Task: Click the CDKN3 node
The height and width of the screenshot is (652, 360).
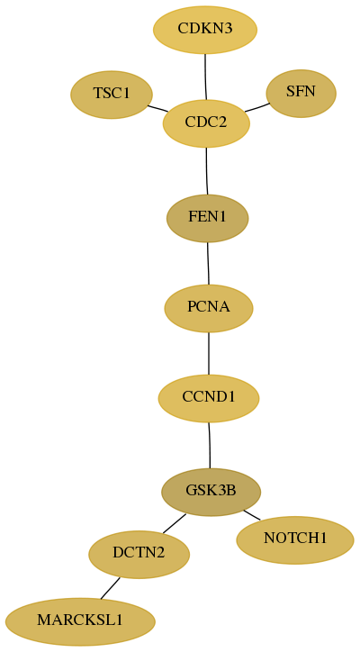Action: (205, 30)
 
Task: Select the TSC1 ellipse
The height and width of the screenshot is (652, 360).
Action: (112, 95)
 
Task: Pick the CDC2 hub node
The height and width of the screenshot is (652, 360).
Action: (207, 123)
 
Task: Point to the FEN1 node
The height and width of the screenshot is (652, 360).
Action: (207, 218)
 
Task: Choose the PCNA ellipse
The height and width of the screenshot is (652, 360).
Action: (209, 308)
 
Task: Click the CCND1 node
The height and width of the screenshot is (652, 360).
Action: (209, 398)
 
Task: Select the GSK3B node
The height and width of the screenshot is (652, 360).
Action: (211, 492)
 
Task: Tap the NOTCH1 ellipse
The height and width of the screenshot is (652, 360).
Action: (295, 539)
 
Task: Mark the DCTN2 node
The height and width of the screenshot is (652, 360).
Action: (139, 554)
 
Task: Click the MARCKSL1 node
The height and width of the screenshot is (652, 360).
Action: (80, 621)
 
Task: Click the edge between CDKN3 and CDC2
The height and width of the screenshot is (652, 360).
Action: (205, 77)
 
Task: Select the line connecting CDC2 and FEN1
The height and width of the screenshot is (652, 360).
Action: (207, 171)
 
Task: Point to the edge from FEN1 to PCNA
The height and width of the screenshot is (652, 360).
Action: (208, 263)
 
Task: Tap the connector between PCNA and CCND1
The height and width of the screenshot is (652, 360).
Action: (209, 353)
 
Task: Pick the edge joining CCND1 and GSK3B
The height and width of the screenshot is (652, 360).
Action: (210, 445)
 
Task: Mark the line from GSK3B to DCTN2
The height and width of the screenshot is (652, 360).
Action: (175, 523)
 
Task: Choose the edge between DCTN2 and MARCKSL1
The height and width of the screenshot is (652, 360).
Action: (110, 588)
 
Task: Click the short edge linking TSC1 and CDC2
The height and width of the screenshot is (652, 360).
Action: (157, 108)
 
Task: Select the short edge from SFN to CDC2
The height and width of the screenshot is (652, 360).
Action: (257, 107)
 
